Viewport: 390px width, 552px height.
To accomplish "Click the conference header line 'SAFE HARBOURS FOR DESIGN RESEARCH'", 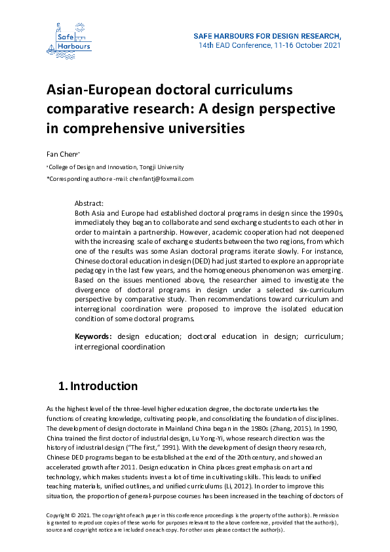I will (x=267, y=35).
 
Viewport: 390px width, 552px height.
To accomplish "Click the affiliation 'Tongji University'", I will (x=164, y=167).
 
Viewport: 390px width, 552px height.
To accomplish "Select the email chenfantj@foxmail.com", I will (x=161, y=179).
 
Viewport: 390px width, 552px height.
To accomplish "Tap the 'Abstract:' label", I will (x=90, y=204).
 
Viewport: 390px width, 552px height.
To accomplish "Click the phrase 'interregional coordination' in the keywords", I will (x=120, y=346).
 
